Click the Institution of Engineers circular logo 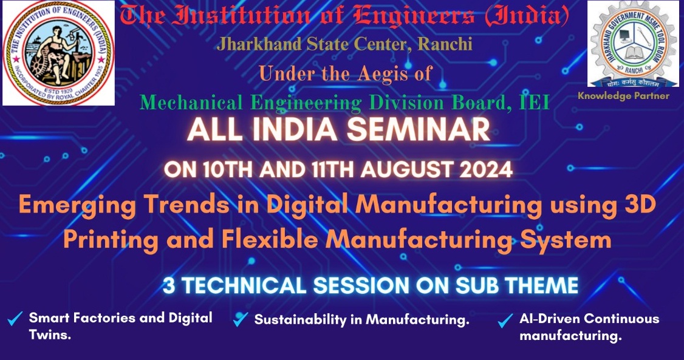(x=58, y=52)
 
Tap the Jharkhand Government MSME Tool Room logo (x=633, y=44)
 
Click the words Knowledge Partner (x=623, y=96)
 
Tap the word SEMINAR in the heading (x=419, y=129)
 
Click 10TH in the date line (x=228, y=169)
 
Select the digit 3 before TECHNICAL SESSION (x=168, y=286)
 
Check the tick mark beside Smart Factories (x=15, y=319)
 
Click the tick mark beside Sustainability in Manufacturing (x=241, y=319)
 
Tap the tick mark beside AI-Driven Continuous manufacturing (x=505, y=321)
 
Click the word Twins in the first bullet (x=50, y=335)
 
